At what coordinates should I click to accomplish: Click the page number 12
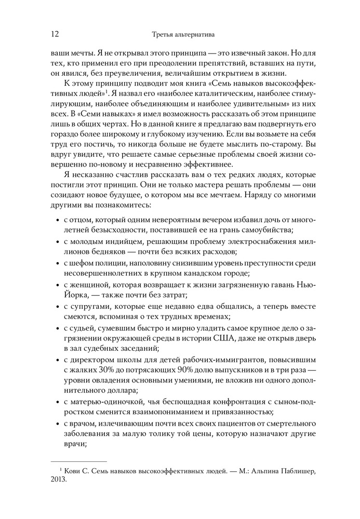(x=55, y=34)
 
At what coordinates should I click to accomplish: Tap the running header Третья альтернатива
(x=180, y=35)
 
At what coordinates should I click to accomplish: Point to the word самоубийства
(x=262, y=230)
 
